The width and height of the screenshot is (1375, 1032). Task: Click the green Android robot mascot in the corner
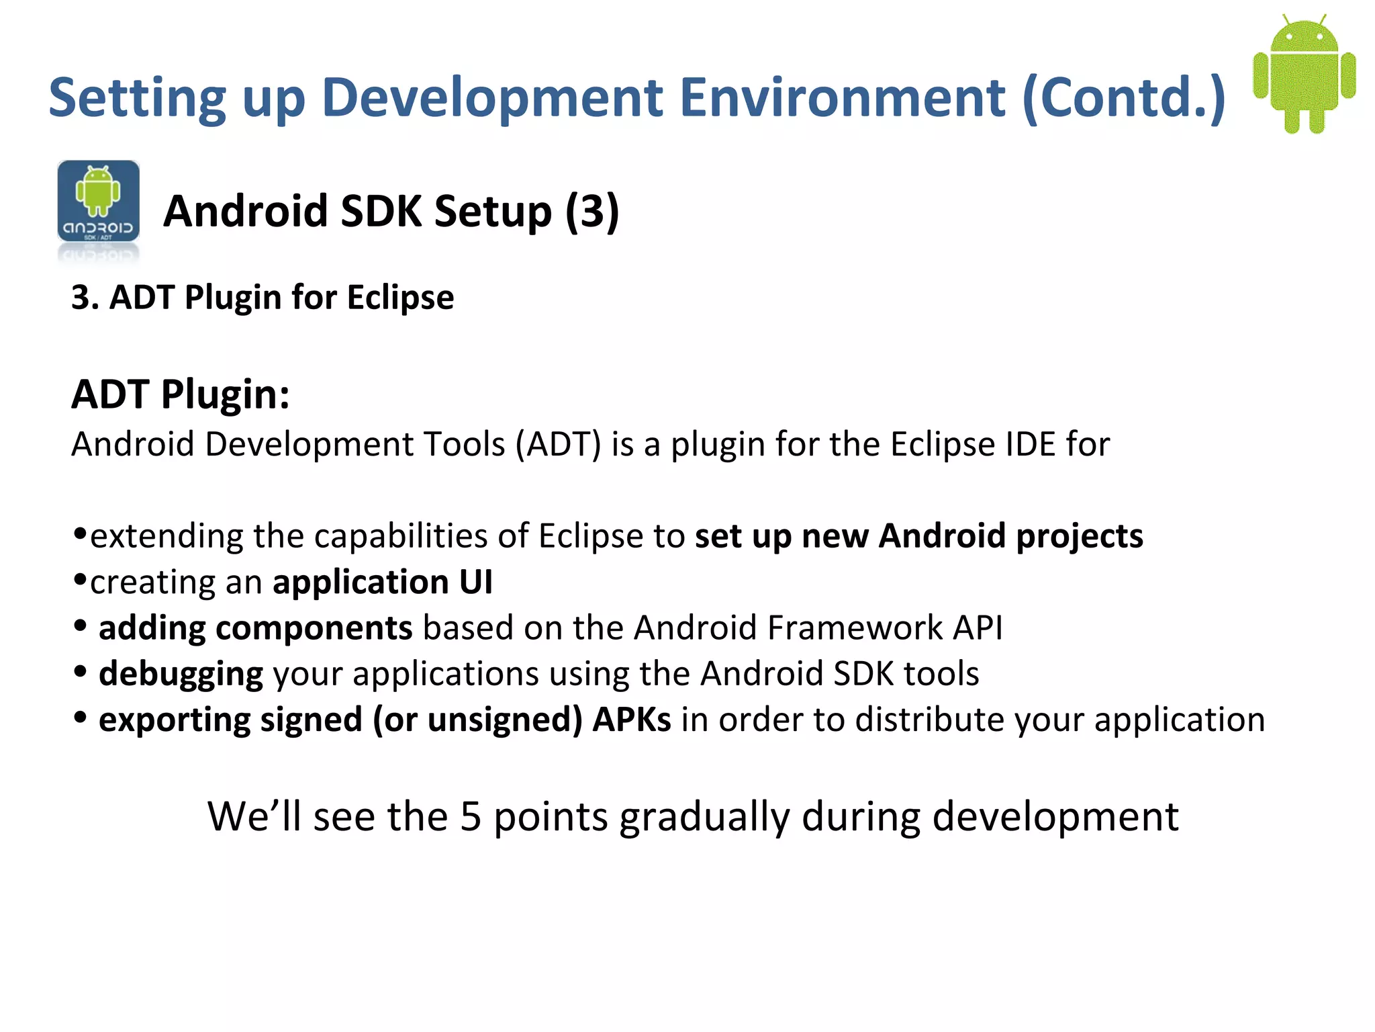(x=1304, y=74)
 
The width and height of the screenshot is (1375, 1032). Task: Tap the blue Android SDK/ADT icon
(x=99, y=202)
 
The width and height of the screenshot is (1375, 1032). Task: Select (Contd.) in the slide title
(x=1124, y=99)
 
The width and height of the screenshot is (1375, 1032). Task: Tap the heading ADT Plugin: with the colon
(x=181, y=394)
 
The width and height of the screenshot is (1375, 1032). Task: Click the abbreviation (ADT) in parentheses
(x=558, y=445)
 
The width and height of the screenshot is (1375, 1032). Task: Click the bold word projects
(x=1079, y=537)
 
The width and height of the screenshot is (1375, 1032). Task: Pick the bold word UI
(x=476, y=582)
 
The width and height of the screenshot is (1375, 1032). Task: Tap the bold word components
(x=314, y=629)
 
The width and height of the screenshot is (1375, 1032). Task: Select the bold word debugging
(x=181, y=675)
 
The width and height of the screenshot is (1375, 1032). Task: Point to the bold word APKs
(x=631, y=720)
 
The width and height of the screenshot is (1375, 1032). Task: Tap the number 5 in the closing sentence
(x=471, y=817)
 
